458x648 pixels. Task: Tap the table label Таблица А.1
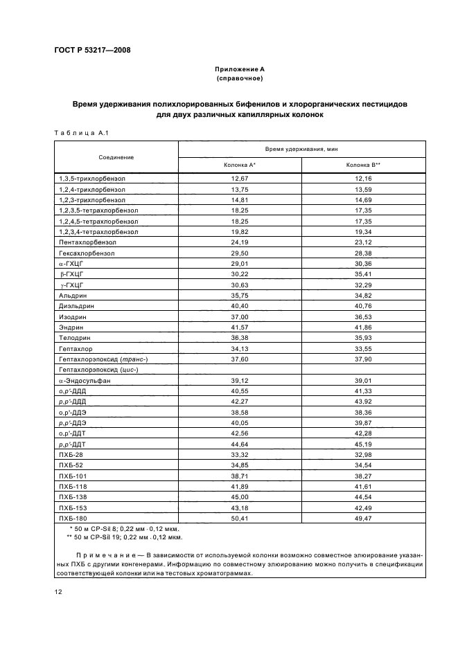click(x=78, y=132)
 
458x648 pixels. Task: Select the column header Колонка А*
click(x=240, y=165)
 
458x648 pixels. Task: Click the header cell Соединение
click(x=116, y=157)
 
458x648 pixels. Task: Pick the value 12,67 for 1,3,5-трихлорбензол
click(x=240, y=178)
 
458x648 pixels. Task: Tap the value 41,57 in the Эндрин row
click(x=240, y=327)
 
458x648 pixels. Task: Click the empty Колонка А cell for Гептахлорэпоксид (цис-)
click(x=240, y=370)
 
